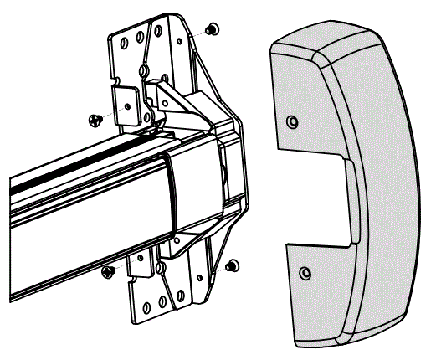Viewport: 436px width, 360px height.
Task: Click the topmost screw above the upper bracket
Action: [210, 29]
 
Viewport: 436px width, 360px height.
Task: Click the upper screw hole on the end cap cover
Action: [291, 122]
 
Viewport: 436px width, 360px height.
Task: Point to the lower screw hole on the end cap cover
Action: [305, 273]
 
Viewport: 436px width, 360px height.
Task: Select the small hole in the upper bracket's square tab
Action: [127, 107]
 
